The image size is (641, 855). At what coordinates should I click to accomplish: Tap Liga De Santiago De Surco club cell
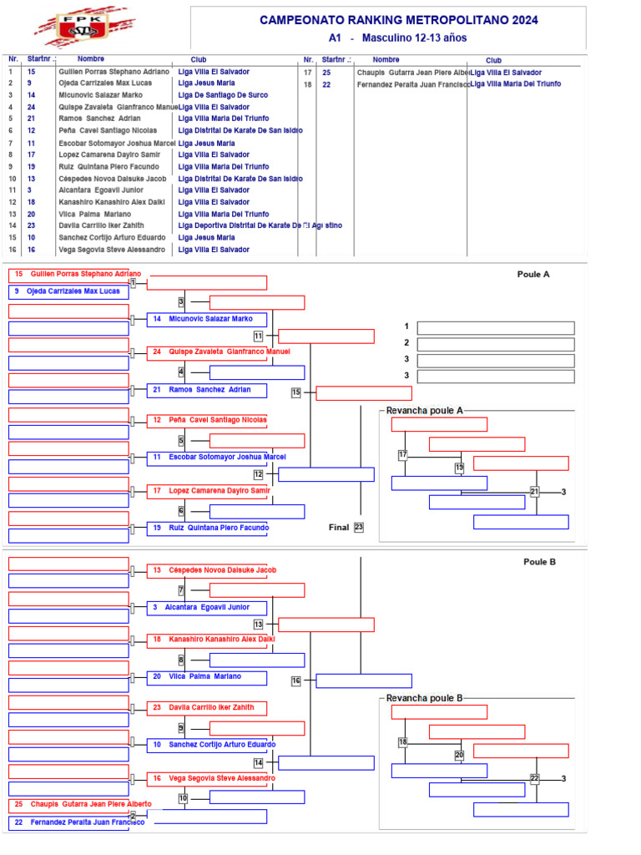223,95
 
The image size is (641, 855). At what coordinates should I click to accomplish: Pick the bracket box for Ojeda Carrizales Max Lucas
69,291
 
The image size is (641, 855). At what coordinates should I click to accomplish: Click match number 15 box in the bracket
296,392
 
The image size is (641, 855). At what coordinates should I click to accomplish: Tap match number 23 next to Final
359,527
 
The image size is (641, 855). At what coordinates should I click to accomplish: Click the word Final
339,527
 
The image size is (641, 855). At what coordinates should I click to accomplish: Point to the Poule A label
533,274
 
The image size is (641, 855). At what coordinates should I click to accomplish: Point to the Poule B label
539,562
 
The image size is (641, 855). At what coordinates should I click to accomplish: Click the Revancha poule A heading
424,410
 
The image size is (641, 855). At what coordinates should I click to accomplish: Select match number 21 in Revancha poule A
535,491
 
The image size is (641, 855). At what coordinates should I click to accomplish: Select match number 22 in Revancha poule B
535,778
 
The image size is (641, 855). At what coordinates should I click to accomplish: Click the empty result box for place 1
496,327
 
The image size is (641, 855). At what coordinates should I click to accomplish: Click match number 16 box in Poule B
296,680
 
